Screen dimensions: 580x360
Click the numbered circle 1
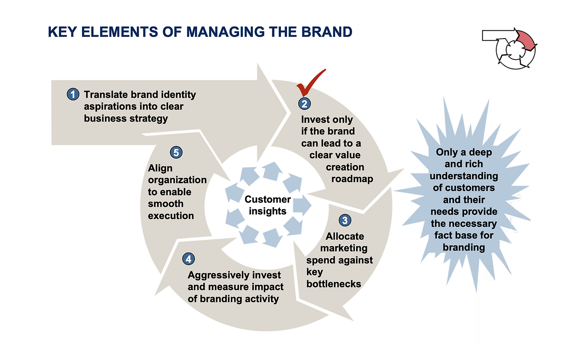point(73,94)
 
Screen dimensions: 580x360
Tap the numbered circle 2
point(304,103)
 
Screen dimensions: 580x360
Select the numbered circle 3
point(345,220)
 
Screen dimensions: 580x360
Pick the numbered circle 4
point(188,259)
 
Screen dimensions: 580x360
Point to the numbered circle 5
point(176,152)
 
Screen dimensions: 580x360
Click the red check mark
point(311,83)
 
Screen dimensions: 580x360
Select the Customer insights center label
point(268,205)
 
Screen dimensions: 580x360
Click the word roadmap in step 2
point(352,179)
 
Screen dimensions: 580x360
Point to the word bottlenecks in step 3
point(333,284)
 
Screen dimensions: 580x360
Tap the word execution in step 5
point(171,215)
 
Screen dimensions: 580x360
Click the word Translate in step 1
point(106,94)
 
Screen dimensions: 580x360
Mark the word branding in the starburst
point(464,248)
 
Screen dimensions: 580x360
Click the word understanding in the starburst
point(464,176)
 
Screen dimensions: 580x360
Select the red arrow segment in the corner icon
point(526,40)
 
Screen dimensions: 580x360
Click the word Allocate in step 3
point(345,236)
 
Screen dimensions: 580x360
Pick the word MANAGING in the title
point(226,32)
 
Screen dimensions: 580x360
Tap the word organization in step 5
point(177,180)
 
